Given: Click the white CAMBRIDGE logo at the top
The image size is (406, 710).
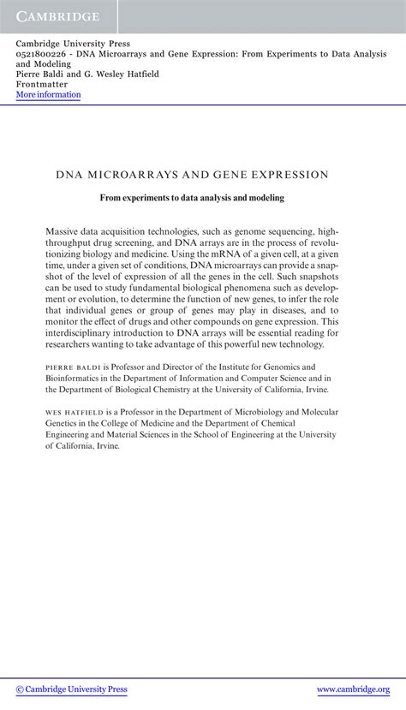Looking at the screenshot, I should (56, 16).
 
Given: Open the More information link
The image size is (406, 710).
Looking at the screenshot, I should (48, 95).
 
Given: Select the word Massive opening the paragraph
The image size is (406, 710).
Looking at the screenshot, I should (65, 231).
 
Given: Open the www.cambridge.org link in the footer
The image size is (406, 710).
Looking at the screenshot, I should (353, 689).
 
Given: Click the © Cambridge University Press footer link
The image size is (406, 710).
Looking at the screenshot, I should (72, 689).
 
